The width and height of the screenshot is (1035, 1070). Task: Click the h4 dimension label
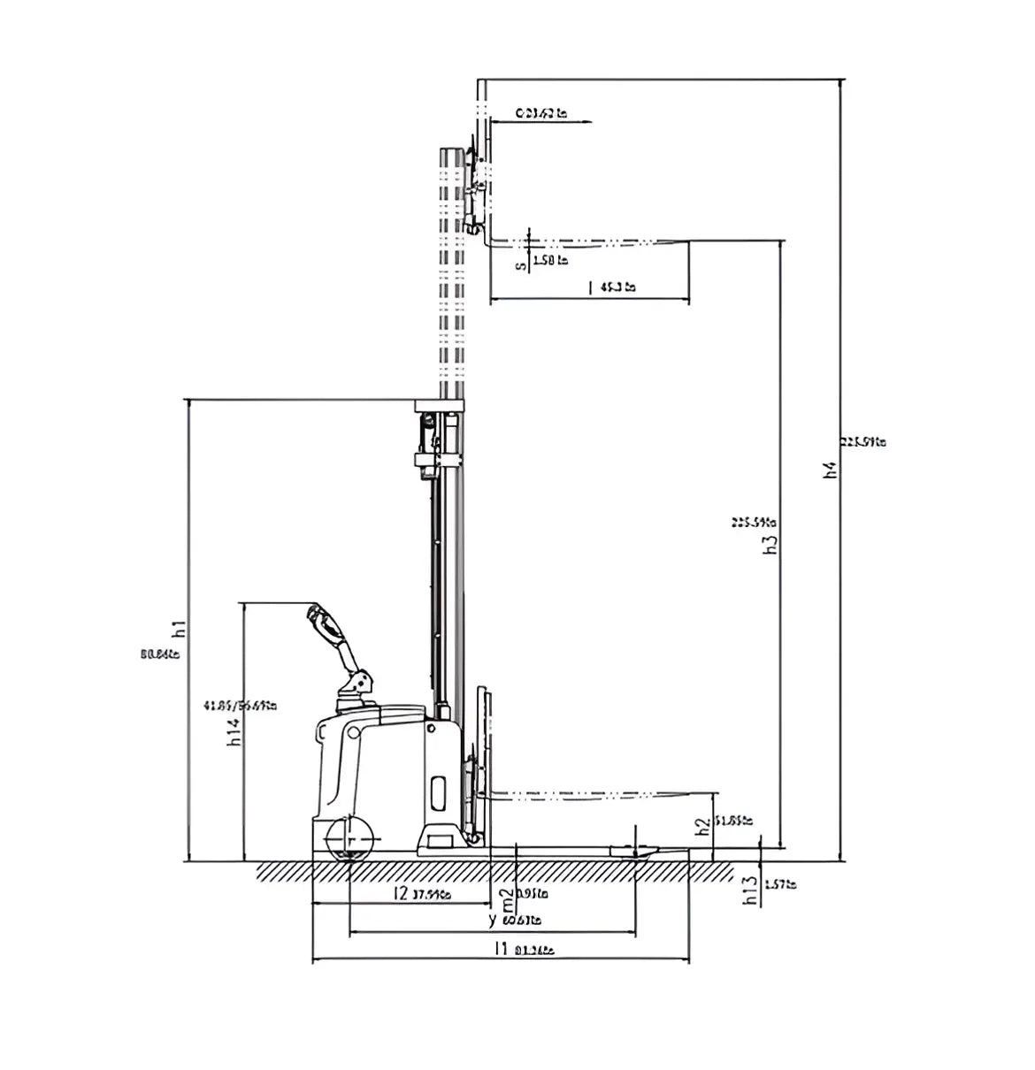(x=829, y=470)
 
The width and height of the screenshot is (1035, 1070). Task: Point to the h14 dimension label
(x=234, y=730)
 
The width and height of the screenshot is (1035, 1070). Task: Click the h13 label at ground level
(x=750, y=890)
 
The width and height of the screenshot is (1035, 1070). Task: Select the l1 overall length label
(x=501, y=950)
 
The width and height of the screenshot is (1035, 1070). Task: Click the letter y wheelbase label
(x=493, y=920)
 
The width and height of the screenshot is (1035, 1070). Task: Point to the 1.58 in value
(x=550, y=261)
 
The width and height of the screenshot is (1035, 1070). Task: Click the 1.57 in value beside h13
(x=779, y=883)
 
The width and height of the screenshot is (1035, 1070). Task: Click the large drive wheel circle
(x=351, y=837)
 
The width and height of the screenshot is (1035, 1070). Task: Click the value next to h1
(x=160, y=655)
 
